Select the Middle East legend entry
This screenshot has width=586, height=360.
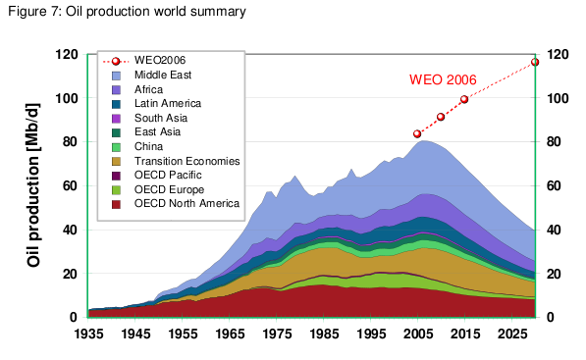click(x=164, y=75)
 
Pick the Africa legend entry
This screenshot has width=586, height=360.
click(x=149, y=89)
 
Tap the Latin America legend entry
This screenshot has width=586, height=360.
click(x=168, y=103)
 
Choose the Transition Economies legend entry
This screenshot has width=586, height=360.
click(x=184, y=161)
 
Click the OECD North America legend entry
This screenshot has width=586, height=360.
click(x=185, y=203)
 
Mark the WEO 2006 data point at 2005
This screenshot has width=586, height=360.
click(x=417, y=133)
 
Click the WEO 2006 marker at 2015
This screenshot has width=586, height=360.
click(x=464, y=99)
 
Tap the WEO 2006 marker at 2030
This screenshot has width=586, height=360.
click(x=535, y=62)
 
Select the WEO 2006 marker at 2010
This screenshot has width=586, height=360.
click(x=441, y=117)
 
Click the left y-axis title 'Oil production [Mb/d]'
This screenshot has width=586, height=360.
click(x=33, y=186)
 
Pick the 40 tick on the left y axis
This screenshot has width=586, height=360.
click(x=72, y=230)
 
